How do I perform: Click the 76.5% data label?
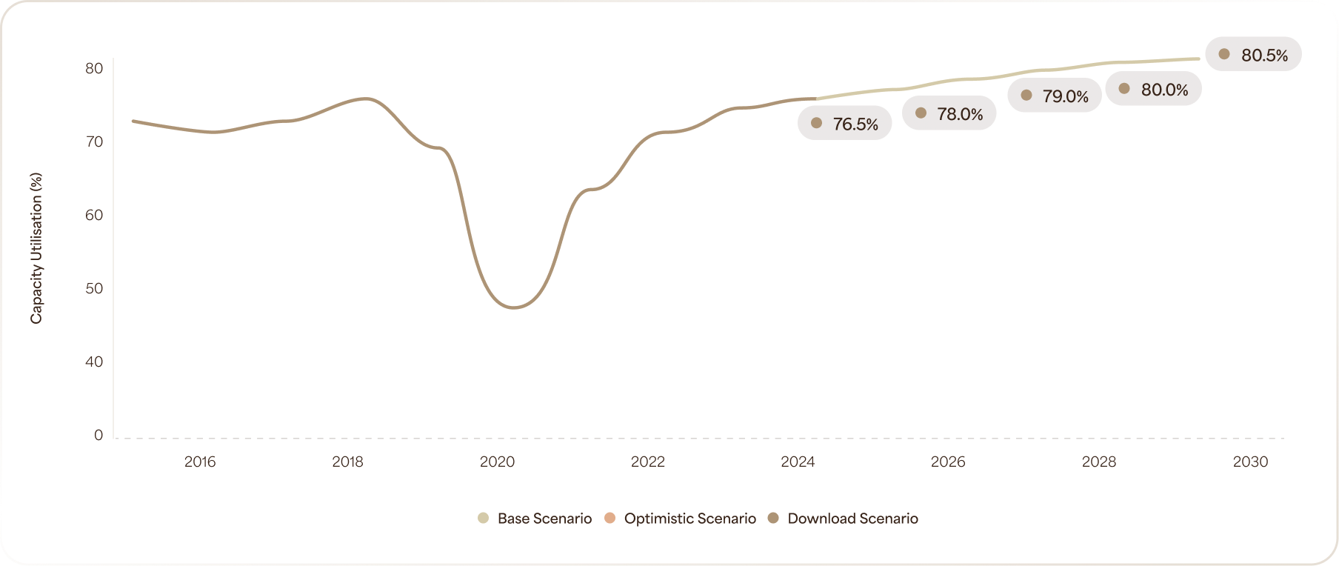[x=845, y=124]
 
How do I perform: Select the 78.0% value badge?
[x=949, y=114]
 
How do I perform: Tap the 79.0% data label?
[x=1055, y=96]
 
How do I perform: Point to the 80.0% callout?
[x=1154, y=90]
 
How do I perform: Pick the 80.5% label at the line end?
[x=1254, y=55]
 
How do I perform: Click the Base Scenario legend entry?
[x=535, y=519]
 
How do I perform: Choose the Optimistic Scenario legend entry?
[x=680, y=519]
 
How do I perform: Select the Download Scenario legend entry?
[x=844, y=519]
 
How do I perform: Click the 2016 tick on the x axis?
[x=200, y=462]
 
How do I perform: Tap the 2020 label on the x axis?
[x=497, y=462]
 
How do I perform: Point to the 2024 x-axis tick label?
[x=798, y=462]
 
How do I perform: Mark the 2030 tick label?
[x=1250, y=462]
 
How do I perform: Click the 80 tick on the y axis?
[x=94, y=68]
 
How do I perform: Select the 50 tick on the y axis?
[x=94, y=288]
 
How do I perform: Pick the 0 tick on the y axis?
[x=98, y=435]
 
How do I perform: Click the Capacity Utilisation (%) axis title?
[x=36, y=248]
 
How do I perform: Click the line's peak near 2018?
[x=365, y=99]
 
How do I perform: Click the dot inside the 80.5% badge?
[x=1224, y=54]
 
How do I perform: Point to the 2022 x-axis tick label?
[x=648, y=462]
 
